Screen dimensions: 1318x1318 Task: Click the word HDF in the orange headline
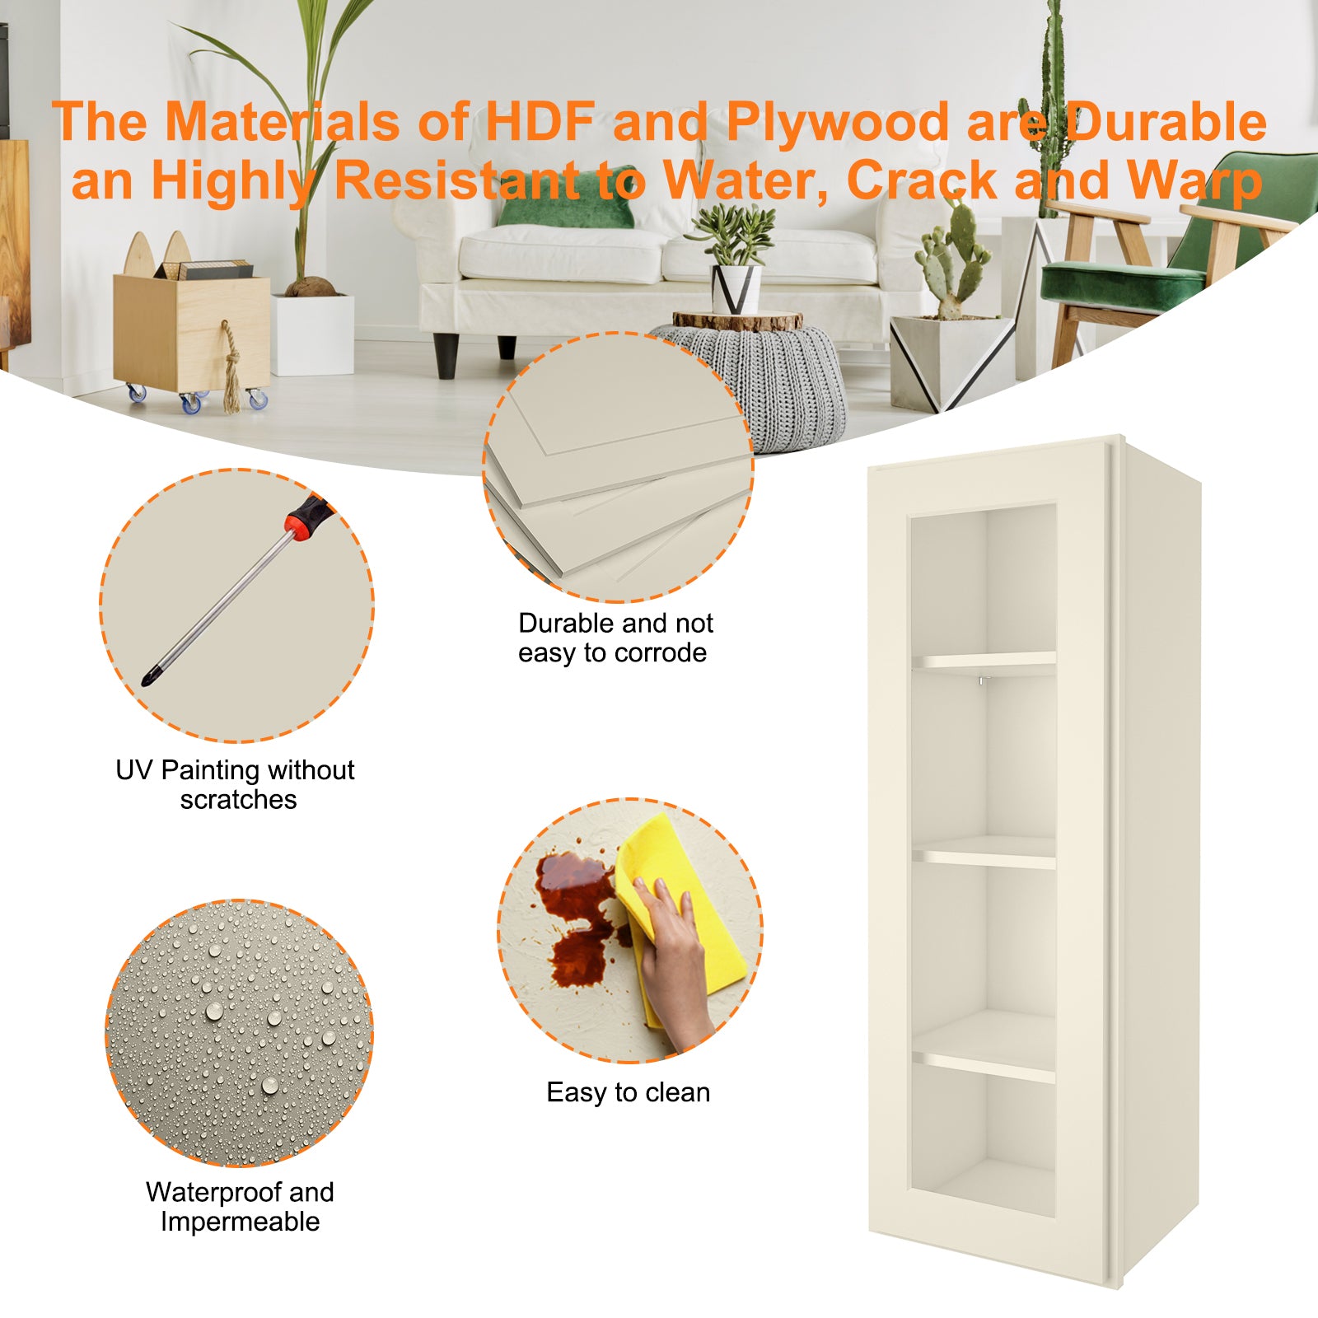point(540,122)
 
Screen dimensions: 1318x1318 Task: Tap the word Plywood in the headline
point(838,122)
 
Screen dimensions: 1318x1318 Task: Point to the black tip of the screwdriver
point(150,678)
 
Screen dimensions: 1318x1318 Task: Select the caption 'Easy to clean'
point(628,1092)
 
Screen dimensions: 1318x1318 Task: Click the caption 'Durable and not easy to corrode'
point(615,638)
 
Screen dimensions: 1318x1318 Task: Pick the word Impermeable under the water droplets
point(240,1222)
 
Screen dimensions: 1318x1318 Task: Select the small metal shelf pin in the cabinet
point(981,680)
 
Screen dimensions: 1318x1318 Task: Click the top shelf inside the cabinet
point(984,661)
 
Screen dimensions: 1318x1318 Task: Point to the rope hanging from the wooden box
point(231,367)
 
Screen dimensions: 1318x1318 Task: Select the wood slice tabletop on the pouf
point(737,320)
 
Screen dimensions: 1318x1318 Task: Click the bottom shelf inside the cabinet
point(984,1063)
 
